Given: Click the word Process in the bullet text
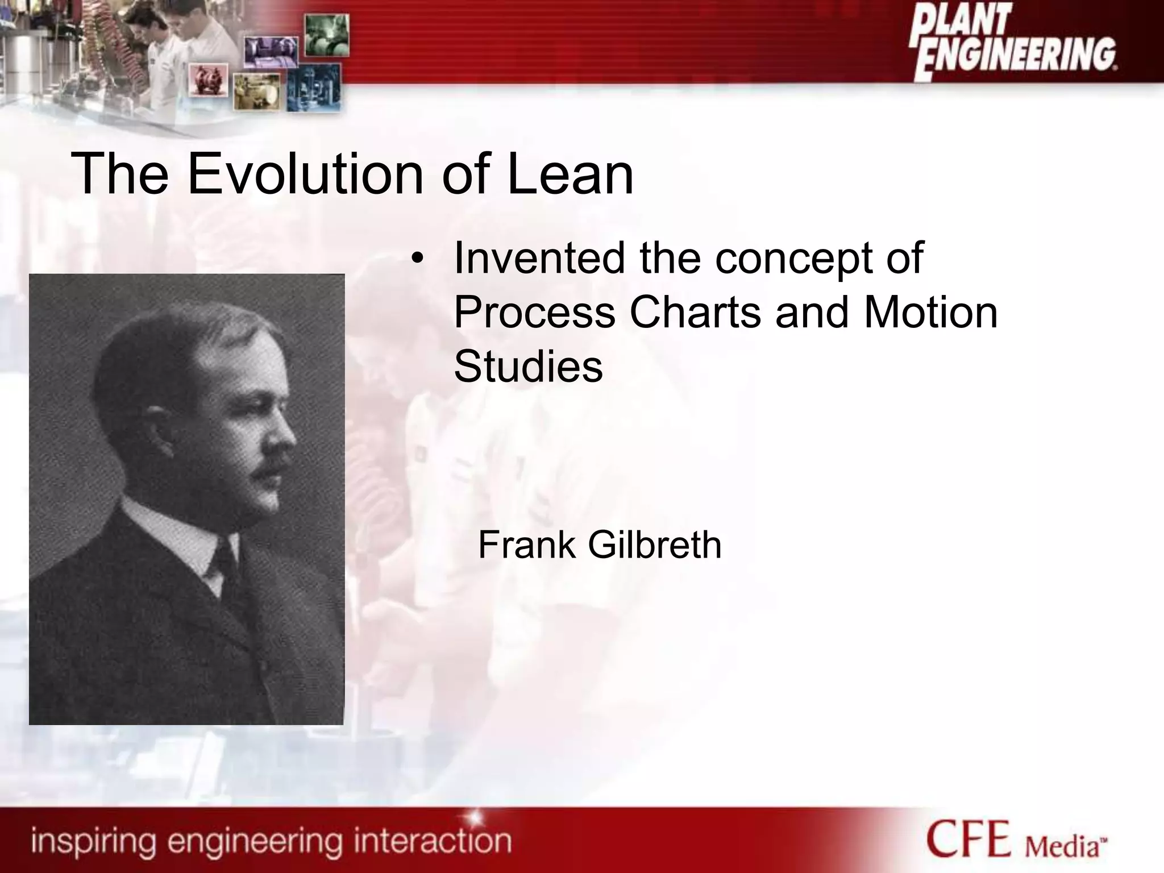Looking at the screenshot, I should [534, 313].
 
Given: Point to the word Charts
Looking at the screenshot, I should [695, 313].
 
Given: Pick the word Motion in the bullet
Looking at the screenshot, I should [930, 313].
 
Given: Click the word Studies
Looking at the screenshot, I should [528, 367].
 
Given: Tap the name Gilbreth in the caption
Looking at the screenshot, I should [654, 545].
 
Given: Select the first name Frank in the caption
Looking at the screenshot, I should [527, 545].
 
